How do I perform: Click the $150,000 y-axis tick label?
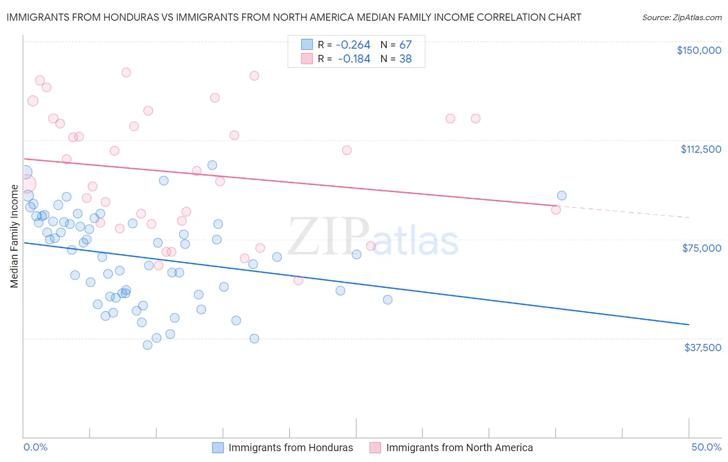698,50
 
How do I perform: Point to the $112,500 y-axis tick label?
701,149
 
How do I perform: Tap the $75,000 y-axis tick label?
702,248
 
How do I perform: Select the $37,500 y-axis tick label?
703,348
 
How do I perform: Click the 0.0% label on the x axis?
35,447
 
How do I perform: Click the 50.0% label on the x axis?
706,447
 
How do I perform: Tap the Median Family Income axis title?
14,236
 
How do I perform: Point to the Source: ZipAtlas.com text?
681,17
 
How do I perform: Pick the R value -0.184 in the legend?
355,59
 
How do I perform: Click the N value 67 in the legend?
405,45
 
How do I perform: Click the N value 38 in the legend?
405,59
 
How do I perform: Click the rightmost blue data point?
561,196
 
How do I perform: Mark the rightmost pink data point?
556,210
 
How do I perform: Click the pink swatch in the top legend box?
307,59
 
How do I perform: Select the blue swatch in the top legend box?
307,45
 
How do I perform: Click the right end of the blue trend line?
689,324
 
